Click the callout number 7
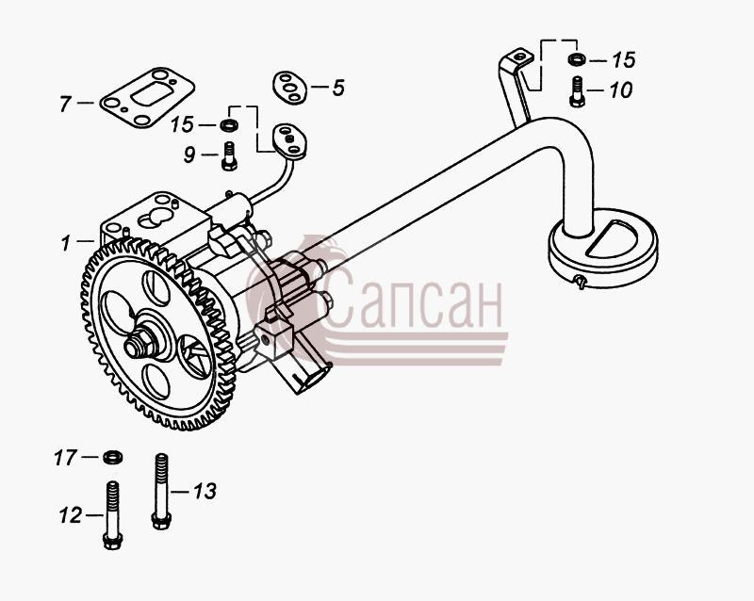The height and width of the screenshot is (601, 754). [65, 104]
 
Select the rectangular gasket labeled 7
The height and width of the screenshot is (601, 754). [147, 98]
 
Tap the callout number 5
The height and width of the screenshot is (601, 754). [338, 88]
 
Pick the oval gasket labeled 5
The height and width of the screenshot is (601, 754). [289, 88]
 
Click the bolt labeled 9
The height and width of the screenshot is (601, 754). [229, 155]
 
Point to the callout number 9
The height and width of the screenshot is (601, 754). [189, 154]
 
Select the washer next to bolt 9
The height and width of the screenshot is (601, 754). [228, 125]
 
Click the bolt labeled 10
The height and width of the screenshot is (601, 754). [577, 91]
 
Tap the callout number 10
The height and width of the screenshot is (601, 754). [621, 90]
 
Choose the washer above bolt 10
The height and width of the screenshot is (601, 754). [576, 59]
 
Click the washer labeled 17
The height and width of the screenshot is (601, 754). [112, 457]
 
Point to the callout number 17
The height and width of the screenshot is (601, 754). [65, 458]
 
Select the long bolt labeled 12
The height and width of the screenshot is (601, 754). [112, 515]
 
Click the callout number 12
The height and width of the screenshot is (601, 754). [70, 516]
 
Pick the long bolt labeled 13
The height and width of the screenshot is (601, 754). [161, 492]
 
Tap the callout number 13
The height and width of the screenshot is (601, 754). [205, 492]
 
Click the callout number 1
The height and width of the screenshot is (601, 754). [66, 243]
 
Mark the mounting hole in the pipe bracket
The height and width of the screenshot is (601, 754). [520, 57]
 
